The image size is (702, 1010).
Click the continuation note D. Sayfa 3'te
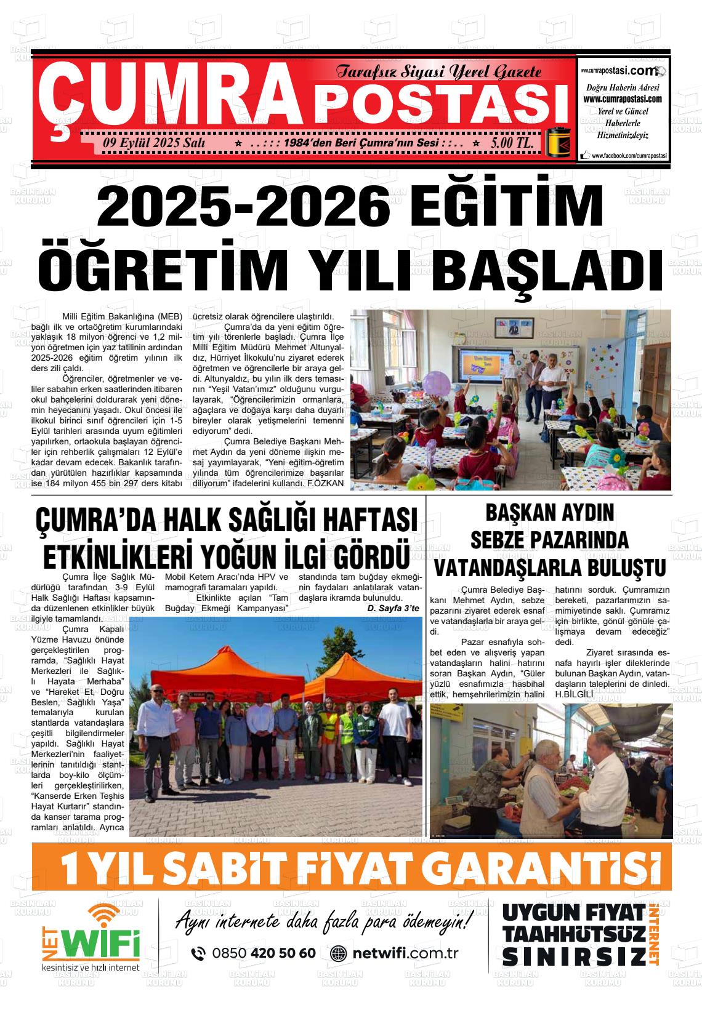393,608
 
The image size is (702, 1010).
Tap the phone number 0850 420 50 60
264,953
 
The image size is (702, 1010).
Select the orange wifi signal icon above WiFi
103,916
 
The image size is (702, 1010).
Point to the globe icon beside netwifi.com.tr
339,953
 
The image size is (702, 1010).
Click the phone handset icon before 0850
198,953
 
